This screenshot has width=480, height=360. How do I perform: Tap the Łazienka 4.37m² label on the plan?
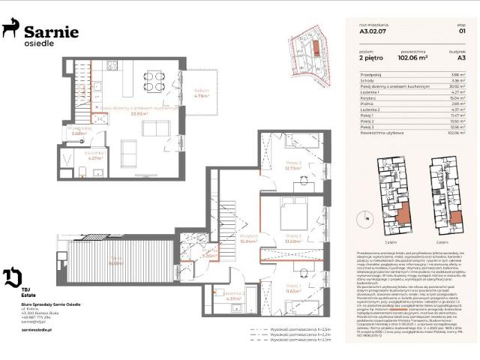[x=232, y=296]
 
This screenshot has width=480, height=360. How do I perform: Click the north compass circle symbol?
[x=366, y=217]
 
